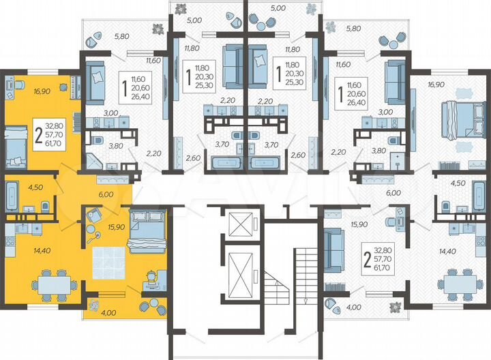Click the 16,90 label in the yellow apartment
pyautogui.click(x=23, y=89)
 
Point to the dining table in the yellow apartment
pyautogui.click(x=53, y=280)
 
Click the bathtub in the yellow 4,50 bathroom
pyautogui.click(x=12, y=196)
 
